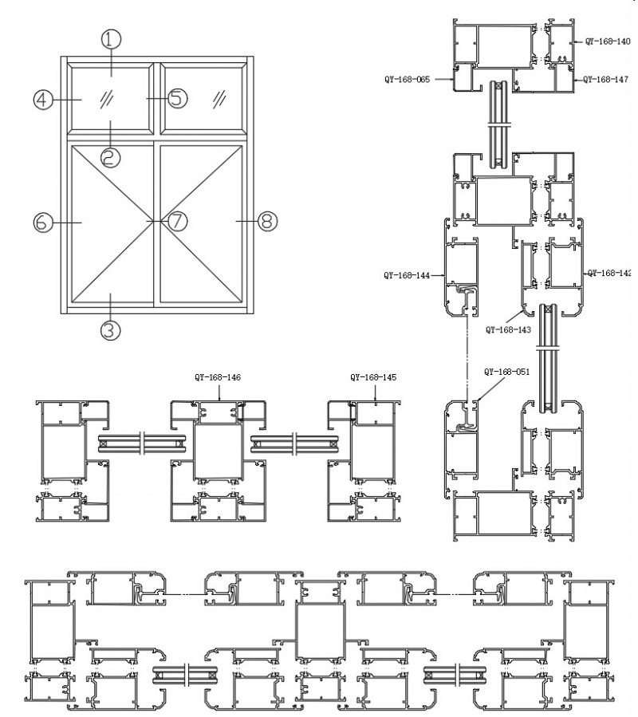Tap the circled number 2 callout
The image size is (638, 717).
(111, 157)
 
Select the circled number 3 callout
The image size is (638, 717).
(111, 329)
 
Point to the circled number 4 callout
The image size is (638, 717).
(43, 100)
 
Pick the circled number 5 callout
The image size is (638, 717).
(177, 98)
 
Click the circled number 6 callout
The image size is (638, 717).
(43, 221)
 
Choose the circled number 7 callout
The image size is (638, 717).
(176, 220)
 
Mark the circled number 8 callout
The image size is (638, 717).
(267, 220)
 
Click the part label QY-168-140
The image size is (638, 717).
(608, 40)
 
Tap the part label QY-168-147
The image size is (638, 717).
(608, 79)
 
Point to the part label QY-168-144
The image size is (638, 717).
(407, 276)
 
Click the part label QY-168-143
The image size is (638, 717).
(508, 327)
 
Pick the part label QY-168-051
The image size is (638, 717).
(507, 372)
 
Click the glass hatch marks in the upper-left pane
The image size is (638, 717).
(105, 99)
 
